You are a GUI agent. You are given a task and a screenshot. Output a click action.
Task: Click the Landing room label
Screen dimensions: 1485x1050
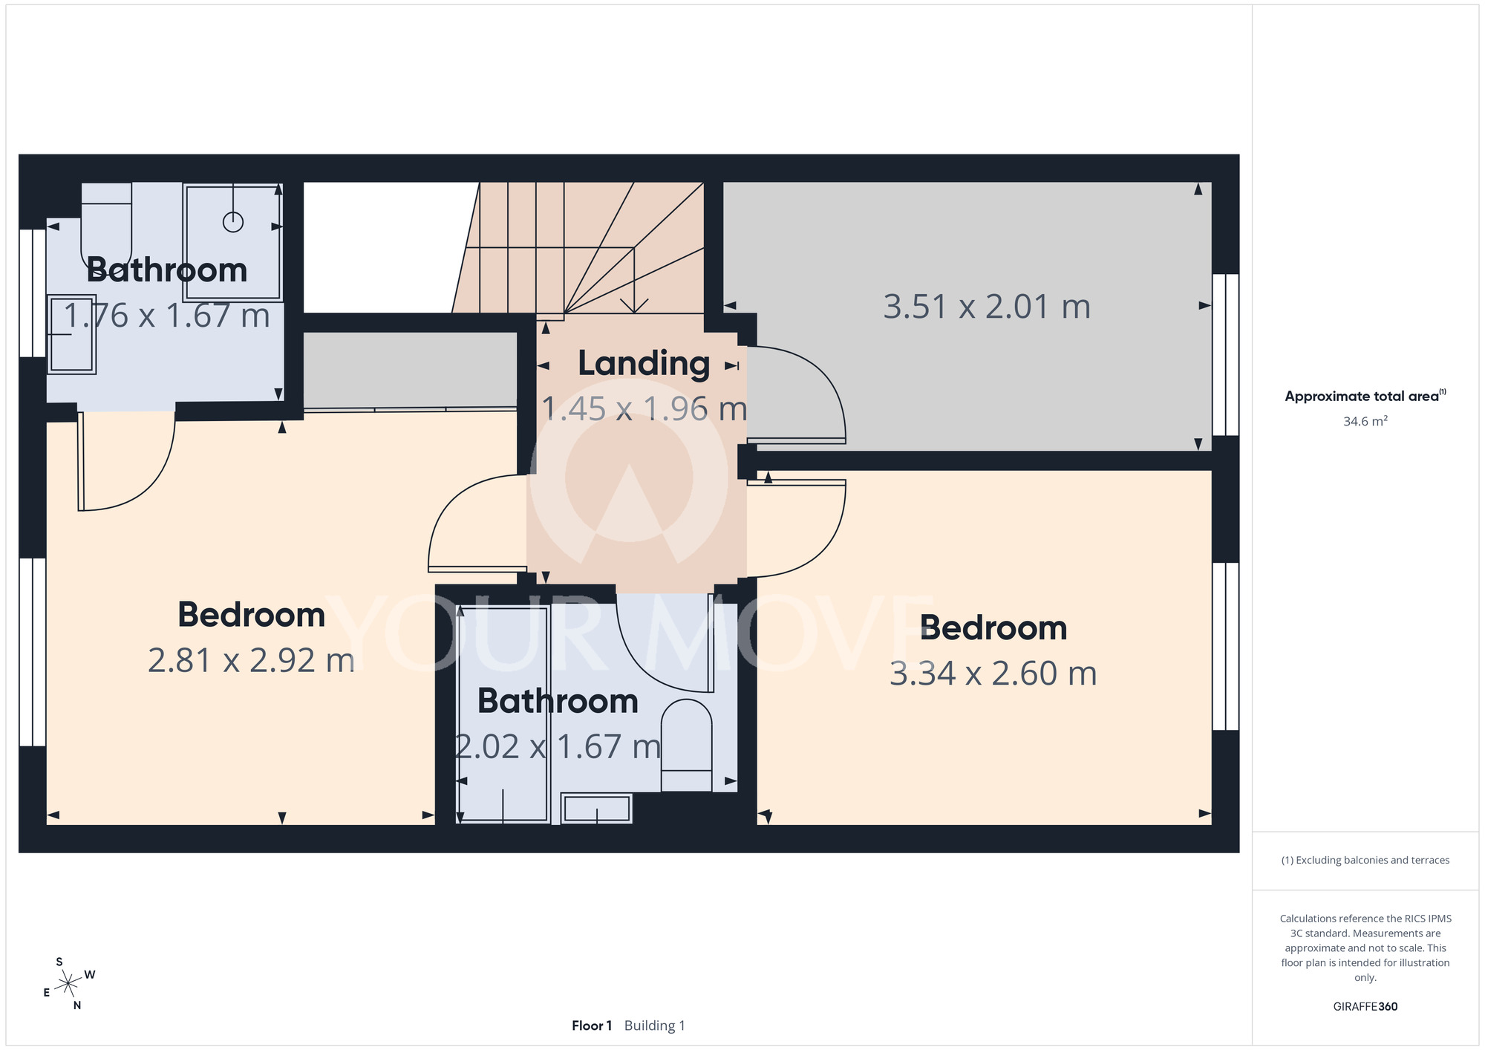pos(644,364)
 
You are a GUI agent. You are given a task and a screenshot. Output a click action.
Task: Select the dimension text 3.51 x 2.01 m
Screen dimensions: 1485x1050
pos(987,307)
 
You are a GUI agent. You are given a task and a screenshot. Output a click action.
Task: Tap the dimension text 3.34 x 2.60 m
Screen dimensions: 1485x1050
pos(993,674)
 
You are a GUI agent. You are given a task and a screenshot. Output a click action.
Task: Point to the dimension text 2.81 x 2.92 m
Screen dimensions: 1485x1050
pos(251,660)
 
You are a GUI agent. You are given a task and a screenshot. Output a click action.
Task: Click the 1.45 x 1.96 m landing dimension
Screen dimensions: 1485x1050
pos(644,409)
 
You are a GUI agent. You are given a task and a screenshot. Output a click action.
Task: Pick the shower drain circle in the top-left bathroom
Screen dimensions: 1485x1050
pos(233,221)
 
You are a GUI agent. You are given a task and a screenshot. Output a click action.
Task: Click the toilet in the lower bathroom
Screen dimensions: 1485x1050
pos(686,745)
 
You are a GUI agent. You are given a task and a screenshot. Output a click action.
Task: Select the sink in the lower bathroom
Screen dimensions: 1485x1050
pos(596,808)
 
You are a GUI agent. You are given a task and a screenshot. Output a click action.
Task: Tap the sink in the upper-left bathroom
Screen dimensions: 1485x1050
pos(71,334)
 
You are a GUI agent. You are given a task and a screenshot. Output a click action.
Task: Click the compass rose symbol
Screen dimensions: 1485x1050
pos(68,984)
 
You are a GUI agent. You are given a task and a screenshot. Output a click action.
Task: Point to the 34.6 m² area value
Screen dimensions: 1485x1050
pos(1365,421)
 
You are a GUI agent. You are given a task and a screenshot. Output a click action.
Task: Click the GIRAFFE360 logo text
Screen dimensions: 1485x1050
pos(1365,1006)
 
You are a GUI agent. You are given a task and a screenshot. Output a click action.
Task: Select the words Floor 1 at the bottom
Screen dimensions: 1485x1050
pos(592,1025)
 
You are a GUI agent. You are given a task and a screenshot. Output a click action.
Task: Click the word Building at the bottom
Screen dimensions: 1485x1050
pos(650,1025)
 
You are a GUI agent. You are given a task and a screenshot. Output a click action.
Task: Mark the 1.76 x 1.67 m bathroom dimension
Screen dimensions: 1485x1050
pos(166,316)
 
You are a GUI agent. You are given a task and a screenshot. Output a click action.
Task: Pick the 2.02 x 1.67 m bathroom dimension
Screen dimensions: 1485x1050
pos(558,747)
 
